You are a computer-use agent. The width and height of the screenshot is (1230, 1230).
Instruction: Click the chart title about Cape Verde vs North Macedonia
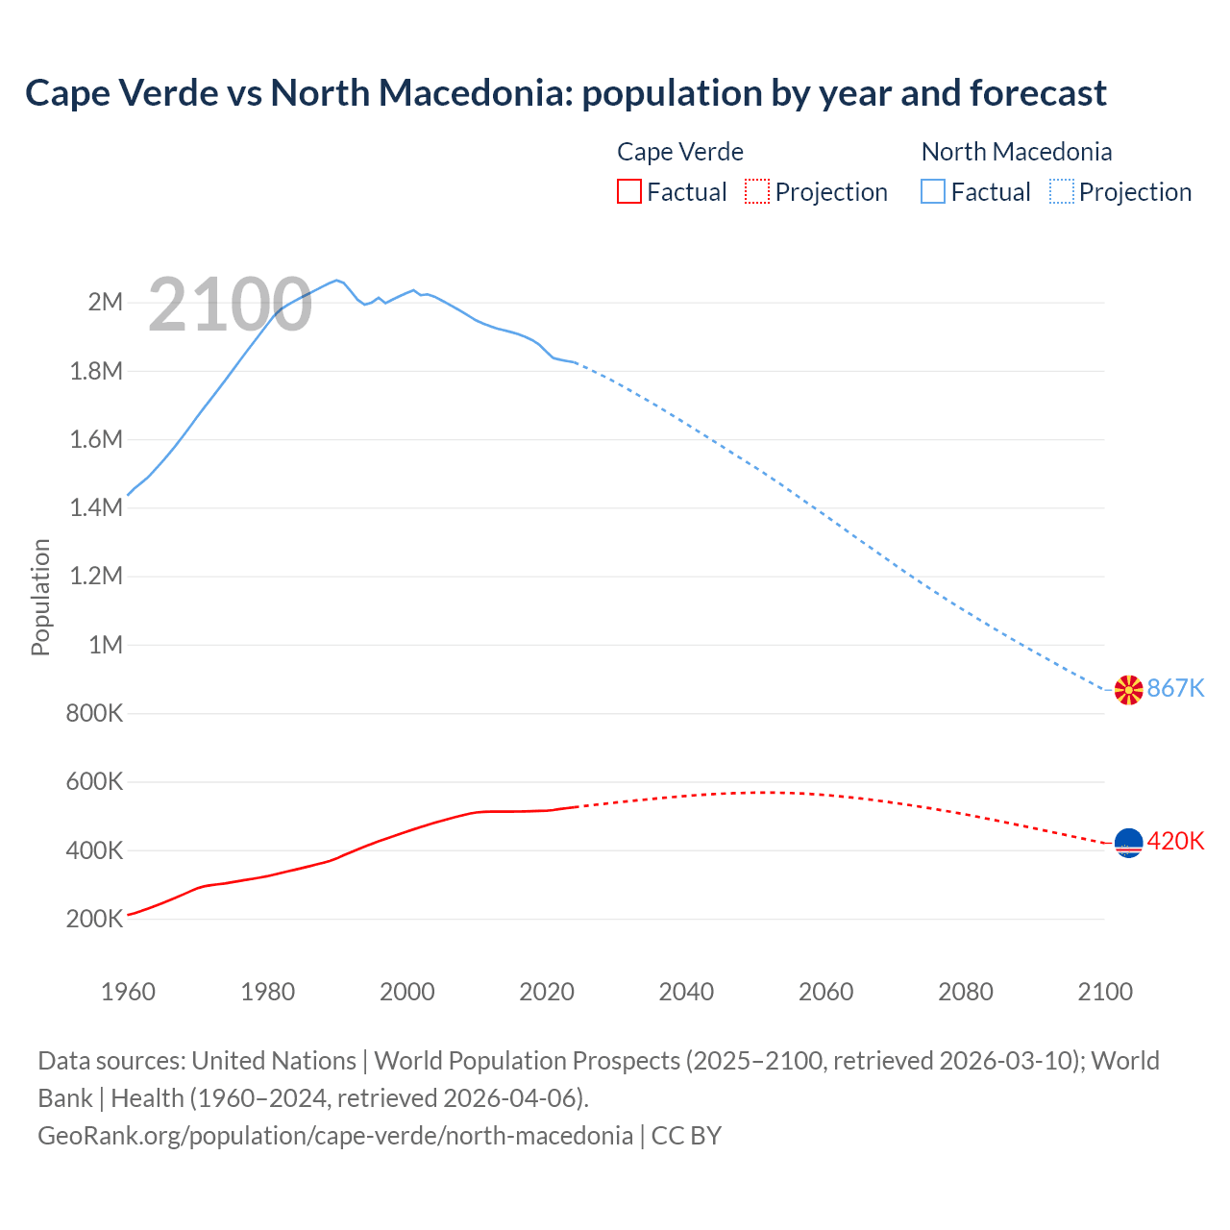pyautogui.click(x=566, y=93)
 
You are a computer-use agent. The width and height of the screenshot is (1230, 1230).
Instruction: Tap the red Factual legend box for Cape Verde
pyautogui.click(x=628, y=191)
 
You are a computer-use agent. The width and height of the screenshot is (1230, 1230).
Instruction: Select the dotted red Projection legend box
pyautogui.click(x=757, y=191)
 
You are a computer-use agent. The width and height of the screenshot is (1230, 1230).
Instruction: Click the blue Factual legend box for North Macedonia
pyautogui.click(x=933, y=191)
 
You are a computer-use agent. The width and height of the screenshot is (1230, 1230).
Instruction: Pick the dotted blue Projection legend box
pyautogui.click(x=1062, y=191)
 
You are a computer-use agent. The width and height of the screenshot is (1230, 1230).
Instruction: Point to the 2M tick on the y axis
pyautogui.click(x=106, y=302)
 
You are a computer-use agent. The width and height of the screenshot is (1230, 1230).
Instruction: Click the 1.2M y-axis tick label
pyautogui.click(x=97, y=576)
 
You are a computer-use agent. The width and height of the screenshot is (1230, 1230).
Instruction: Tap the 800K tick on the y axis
pyautogui.click(x=95, y=713)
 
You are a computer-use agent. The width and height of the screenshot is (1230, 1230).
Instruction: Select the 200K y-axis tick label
pyautogui.click(x=95, y=919)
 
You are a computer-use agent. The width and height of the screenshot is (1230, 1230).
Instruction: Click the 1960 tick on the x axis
pyautogui.click(x=128, y=992)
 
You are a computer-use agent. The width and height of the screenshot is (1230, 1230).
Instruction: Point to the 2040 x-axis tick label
pyautogui.click(x=686, y=992)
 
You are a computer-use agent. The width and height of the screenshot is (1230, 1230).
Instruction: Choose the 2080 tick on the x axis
pyautogui.click(x=965, y=992)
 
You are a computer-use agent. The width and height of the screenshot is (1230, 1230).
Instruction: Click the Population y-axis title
pyautogui.click(x=40, y=597)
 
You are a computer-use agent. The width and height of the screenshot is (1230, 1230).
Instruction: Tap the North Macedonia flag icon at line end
pyautogui.click(x=1128, y=689)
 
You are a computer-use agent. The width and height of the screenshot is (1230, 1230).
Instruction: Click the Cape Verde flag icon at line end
pyautogui.click(x=1128, y=843)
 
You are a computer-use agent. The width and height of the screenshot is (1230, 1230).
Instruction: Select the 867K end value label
pyautogui.click(x=1175, y=688)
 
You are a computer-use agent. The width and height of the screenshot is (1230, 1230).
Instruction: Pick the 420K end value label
pyautogui.click(x=1175, y=841)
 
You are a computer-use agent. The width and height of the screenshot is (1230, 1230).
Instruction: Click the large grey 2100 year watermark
pyautogui.click(x=230, y=305)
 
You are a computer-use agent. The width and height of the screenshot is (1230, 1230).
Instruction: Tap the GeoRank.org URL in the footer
pyautogui.click(x=335, y=1135)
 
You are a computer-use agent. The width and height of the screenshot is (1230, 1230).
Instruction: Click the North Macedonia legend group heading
pyautogui.click(x=1017, y=152)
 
